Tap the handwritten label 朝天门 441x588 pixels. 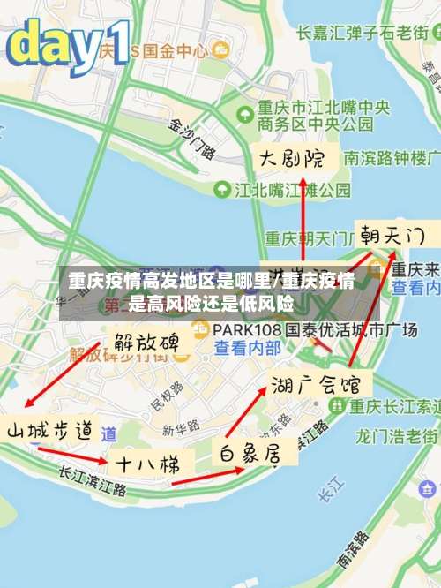point(391,236)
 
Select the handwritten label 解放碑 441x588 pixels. point(146,342)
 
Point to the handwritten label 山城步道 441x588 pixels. point(51,431)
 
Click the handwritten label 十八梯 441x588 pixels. point(145,463)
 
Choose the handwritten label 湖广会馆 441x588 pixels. point(320,384)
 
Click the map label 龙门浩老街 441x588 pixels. point(396,436)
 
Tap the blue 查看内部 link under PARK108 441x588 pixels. point(248,348)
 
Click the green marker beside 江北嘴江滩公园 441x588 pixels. point(220,189)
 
